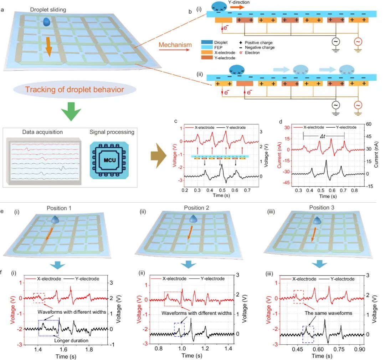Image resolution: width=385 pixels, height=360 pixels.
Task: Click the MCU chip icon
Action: tap(109, 160)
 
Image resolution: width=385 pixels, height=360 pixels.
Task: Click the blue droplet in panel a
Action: tap(47, 22)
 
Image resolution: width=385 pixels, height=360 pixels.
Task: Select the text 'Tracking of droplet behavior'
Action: tap(75, 90)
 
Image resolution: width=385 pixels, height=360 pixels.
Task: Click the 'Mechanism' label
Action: tap(175, 45)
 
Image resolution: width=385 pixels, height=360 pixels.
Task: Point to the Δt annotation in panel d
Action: tap(323, 136)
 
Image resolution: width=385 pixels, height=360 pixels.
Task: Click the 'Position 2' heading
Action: tap(196, 208)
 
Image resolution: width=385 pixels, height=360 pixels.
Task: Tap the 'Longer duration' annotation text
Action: tap(71, 341)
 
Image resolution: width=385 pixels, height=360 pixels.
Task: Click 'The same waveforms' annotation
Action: tap(328, 313)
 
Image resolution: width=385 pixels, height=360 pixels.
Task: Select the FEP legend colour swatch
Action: tap(207, 47)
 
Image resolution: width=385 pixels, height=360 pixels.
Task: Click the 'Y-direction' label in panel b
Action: tap(238, 2)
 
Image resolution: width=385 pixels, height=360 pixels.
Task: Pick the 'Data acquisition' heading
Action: tap(42, 132)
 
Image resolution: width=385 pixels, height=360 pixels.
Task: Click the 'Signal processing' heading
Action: tap(112, 132)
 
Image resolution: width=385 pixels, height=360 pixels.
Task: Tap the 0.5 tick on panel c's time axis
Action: tap(222, 190)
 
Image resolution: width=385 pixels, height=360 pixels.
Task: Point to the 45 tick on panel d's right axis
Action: tap(369, 136)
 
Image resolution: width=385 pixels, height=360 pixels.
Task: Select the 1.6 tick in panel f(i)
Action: tap(63, 349)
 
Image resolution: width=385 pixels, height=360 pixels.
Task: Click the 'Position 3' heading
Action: tap(322, 208)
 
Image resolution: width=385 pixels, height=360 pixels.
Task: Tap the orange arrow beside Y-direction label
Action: tap(237, 7)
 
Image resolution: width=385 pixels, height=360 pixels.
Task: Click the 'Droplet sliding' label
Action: tap(48, 10)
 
